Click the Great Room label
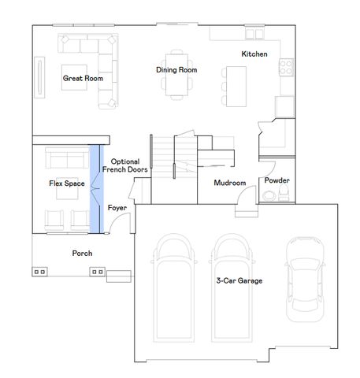82,79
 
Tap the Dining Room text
176,70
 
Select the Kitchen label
254,54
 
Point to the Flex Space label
66,183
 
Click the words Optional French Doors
125,165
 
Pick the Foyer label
117,208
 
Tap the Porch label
82,254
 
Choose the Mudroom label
230,183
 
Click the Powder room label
276,180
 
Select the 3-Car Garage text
239,280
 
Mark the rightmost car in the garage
305,280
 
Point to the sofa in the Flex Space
66,158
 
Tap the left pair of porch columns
39,271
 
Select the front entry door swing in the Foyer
115,224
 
